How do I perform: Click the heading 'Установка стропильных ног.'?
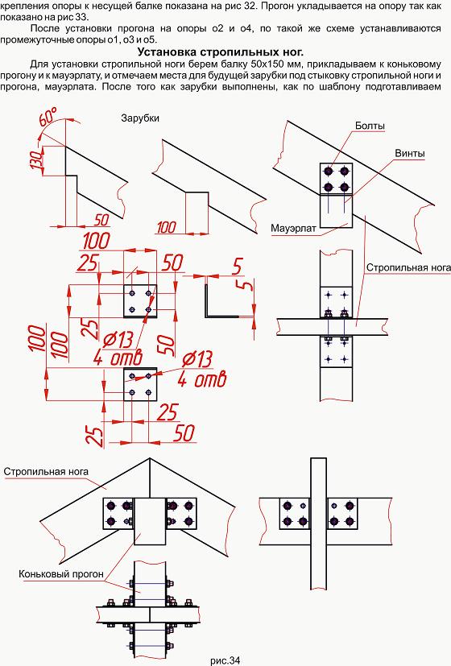(x=221, y=52)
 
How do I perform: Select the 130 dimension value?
(x=36, y=160)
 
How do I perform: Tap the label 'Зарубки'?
(x=140, y=118)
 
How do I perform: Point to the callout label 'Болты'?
(x=370, y=126)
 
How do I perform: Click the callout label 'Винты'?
(x=410, y=153)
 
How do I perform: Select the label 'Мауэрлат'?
(x=293, y=229)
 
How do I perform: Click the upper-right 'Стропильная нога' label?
(x=408, y=267)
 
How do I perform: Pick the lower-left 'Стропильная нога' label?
(x=46, y=471)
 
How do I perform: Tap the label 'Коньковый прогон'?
(x=61, y=574)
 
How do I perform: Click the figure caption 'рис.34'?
(x=225, y=660)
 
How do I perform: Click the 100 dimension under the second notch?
(x=167, y=227)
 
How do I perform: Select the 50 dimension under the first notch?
(x=101, y=220)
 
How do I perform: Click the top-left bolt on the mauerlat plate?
(x=329, y=172)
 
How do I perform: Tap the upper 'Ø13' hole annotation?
(x=118, y=340)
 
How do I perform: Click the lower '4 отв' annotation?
(x=201, y=379)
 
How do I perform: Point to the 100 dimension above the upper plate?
(x=97, y=241)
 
